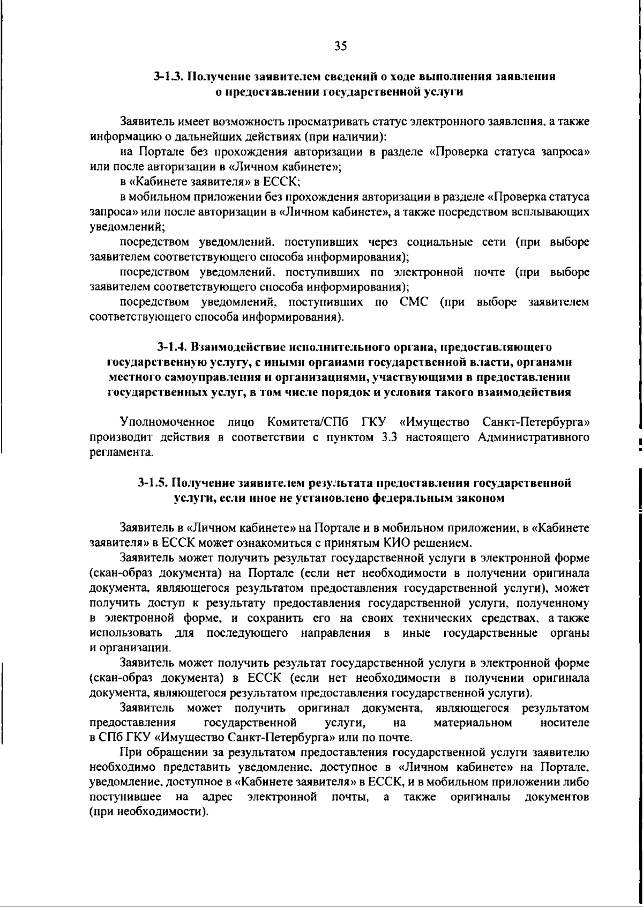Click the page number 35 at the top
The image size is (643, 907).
click(341, 46)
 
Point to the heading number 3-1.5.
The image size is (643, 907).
click(154, 482)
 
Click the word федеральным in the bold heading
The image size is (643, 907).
click(410, 498)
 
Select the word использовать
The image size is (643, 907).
click(127, 634)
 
